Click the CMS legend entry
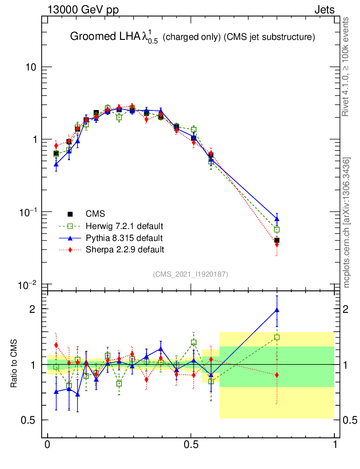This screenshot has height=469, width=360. (95, 214)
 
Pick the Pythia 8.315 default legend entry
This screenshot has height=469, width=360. (124, 238)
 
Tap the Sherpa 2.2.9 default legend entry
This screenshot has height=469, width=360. (125, 250)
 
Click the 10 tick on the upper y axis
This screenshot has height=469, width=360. (30, 67)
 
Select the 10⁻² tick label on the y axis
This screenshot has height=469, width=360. (27, 284)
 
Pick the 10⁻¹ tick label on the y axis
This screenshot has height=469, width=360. (27, 212)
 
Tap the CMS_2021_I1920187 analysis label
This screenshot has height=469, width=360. (191, 274)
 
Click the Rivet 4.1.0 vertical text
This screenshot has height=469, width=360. (346, 66)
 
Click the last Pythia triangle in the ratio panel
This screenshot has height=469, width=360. (277, 310)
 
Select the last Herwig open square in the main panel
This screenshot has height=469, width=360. (277, 230)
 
